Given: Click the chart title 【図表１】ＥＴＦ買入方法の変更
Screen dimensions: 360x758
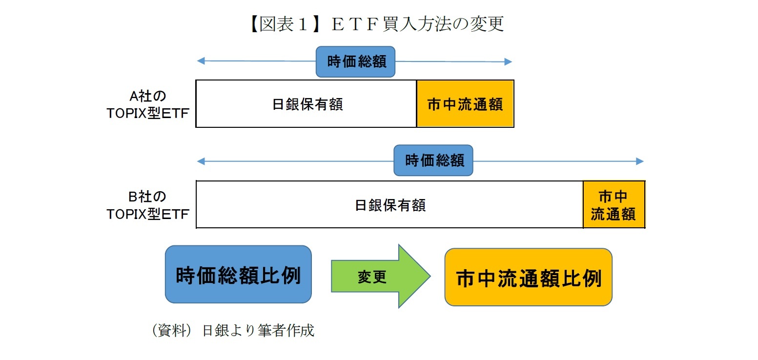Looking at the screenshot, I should pyautogui.click(x=376, y=24).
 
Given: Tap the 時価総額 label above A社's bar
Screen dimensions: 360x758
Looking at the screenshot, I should pyautogui.click(x=355, y=61).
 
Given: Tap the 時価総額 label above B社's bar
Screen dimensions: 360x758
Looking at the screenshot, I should pyautogui.click(x=433, y=160).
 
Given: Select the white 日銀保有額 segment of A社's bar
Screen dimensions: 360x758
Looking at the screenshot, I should pyautogui.click(x=307, y=104).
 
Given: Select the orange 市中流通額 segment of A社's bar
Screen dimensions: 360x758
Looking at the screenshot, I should pyautogui.click(x=465, y=104).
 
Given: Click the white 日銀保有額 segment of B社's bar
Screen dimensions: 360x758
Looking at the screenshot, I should pyautogui.click(x=389, y=204).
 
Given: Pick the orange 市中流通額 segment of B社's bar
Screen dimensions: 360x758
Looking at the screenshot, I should pyautogui.click(x=614, y=204).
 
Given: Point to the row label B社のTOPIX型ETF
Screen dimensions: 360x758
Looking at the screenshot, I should pyautogui.click(x=148, y=205).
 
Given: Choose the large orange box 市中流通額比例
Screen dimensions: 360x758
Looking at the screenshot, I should pyautogui.click(x=528, y=277).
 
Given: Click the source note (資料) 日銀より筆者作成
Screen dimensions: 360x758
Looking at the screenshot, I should pyautogui.click(x=233, y=331).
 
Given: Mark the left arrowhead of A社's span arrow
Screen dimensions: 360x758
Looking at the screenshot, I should pyautogui.click(x=200, y=61).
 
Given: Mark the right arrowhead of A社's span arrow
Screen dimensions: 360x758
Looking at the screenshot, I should pyautogui.click(x=508, y=61).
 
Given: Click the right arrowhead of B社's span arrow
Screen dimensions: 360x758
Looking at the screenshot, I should pyautogui.click(x=640, y=161).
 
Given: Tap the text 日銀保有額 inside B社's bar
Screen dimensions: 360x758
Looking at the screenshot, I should pyautogui.click(x=389, y=204).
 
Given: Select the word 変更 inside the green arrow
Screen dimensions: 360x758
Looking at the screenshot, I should pyautogui.click(x=372, y=277).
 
